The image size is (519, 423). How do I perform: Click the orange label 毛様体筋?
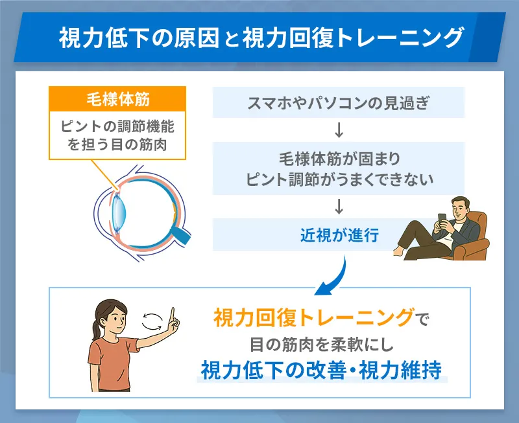click(x=117, y=100)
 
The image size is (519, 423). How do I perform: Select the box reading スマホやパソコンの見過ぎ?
click(x=339, y=102)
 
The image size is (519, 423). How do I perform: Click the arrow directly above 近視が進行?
click(x=339, y=206)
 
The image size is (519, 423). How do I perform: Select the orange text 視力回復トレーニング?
click(x=313, y=317)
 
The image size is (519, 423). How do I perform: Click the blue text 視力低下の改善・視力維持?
click(x=321, y=369)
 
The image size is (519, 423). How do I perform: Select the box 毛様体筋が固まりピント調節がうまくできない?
click(x=339, y=168)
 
